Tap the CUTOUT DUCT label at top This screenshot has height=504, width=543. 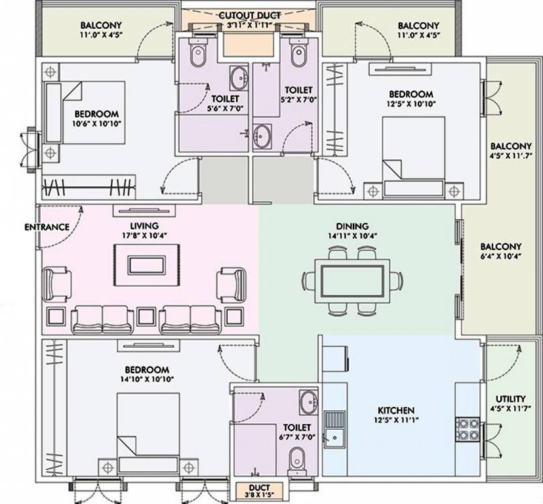click(249, 15)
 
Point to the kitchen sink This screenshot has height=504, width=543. click(333, 427)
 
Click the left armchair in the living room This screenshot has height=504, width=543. click(58, 283)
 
